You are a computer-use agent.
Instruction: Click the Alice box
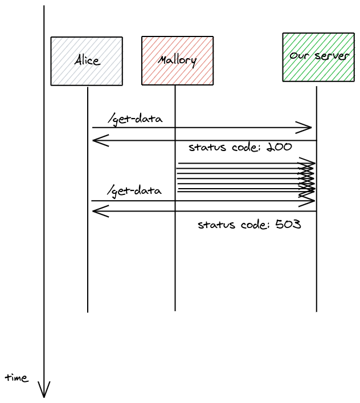87,61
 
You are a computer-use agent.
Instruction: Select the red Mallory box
177,61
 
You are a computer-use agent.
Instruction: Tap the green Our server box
318,57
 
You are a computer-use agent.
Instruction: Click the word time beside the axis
17,377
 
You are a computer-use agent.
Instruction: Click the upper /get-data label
135,119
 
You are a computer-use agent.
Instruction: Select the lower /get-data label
134,190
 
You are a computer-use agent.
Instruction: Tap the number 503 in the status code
288,225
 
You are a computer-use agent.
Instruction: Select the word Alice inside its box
87,60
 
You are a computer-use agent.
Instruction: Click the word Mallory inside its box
177,60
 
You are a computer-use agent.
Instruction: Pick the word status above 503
216,225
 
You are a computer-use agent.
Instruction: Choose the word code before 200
245,147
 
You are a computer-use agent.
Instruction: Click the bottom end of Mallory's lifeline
175,310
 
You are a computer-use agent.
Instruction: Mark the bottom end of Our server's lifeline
317,310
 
